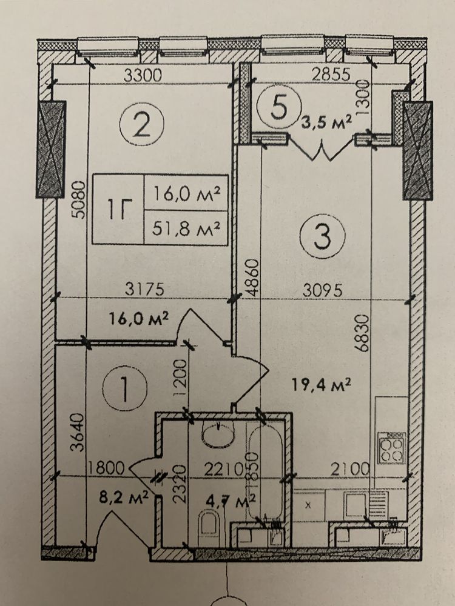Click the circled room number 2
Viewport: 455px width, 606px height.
tap(142, 124)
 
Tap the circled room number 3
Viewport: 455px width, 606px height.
tap(323, 236)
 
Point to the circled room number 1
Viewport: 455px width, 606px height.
tap(124, 389)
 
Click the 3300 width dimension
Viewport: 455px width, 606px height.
tap(143, 75)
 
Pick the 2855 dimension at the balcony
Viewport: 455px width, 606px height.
tap(331, 74)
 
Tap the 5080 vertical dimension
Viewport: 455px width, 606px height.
tap(79, 199)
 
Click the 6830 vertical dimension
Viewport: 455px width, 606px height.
tap(363, 333)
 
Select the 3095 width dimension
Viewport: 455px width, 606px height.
tap(322, 290)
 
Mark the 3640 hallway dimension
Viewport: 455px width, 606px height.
tap(78, 432)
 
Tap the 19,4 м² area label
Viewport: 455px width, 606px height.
tap(321, 385)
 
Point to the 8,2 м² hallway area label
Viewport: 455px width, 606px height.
tap(124, 497)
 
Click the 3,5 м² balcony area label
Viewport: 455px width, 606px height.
tap(327, 122)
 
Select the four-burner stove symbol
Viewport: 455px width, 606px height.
tap(391, 448)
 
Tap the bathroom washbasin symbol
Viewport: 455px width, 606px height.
tap(218, 434)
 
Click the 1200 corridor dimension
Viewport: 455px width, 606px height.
tap(181, 378)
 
